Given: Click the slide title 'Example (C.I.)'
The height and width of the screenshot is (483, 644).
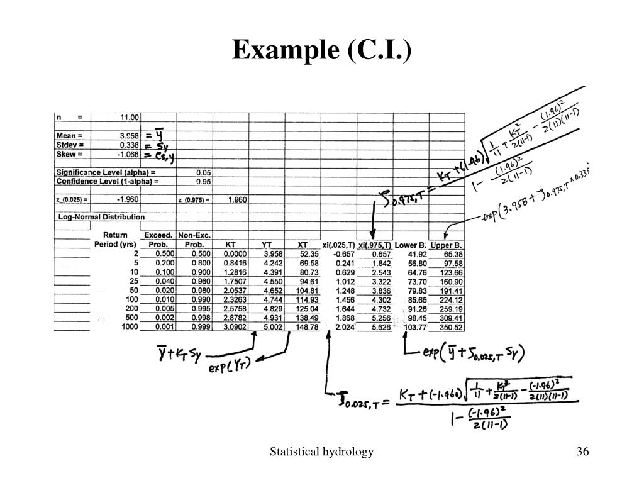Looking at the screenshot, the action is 321,50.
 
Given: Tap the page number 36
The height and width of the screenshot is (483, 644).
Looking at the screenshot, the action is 582,452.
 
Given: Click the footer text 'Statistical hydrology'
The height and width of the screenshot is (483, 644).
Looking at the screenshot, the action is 322,452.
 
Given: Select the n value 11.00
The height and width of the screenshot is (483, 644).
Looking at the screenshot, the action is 130,117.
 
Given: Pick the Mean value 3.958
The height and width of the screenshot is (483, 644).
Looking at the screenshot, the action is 130,136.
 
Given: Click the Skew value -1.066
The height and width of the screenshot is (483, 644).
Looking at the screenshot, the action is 128,154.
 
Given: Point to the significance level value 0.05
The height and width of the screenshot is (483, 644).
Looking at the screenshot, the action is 204,172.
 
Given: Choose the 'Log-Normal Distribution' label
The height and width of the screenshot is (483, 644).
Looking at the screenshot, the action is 101,217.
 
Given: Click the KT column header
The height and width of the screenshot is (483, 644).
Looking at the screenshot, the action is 230,244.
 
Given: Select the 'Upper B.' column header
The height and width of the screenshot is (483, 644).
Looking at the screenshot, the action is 447,244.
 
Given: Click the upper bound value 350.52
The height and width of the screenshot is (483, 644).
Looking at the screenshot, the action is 450,327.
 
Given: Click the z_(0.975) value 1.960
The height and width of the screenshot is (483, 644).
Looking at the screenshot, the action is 237,199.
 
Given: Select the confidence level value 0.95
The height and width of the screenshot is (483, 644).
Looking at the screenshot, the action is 204,181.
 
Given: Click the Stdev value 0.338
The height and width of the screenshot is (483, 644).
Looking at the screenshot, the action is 130,145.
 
